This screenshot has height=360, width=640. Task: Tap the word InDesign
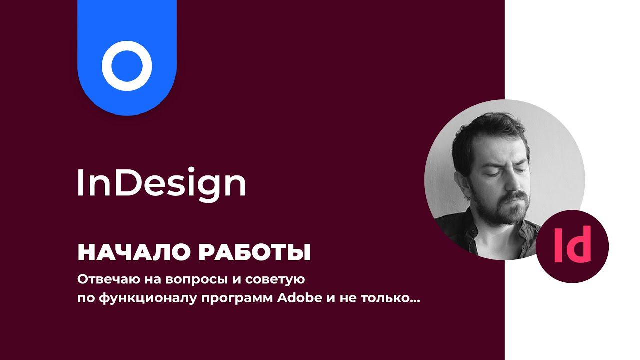tap(161, 184)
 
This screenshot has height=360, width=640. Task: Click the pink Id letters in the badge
tap(572, 244)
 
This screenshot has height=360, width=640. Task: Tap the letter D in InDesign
tap(122, 183)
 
